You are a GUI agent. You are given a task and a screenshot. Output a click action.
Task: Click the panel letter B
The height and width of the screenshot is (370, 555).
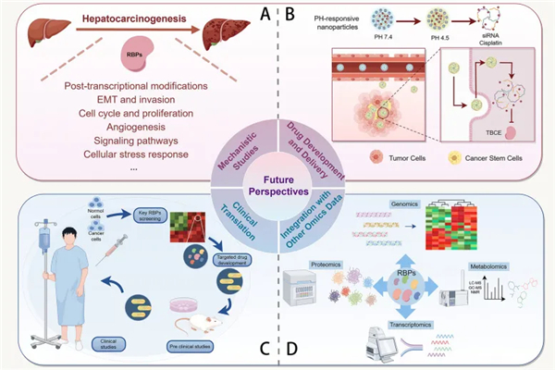click(x=288, y=15)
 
